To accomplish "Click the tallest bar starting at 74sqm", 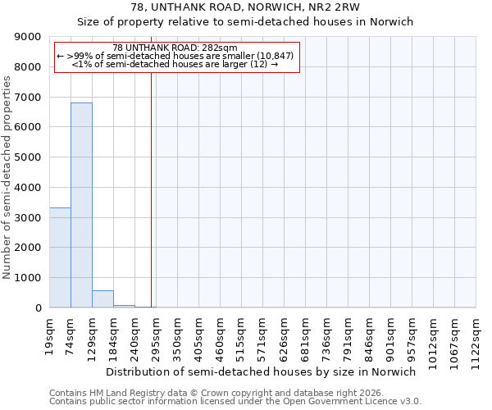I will pyautogui.click(x=81, y=205).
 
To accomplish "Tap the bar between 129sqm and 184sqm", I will pyautogui.click(x=102, y=299).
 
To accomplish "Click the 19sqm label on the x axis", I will pyautogui.click(x=50, y=332).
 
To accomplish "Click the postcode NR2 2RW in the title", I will pyautogui.click(x=333, y=7).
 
